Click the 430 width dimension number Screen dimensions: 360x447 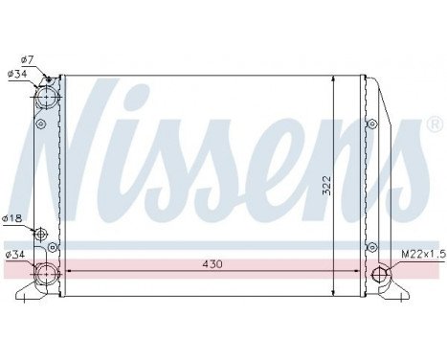(x=212, y=263)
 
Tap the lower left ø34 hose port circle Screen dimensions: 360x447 (x=45, y=274)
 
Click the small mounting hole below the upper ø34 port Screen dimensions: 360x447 (x=40, y=124)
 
